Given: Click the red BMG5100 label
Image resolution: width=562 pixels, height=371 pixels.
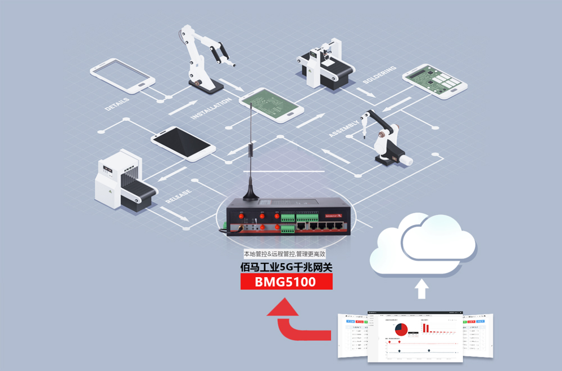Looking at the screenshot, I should [x=286, y=282].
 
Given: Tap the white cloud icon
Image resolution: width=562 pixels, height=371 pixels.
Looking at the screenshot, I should [x=423, y=246].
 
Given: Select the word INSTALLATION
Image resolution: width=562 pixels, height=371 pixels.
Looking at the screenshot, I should [x=211, y=108].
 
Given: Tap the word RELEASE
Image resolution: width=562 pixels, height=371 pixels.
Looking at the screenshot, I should [x=179, y=196].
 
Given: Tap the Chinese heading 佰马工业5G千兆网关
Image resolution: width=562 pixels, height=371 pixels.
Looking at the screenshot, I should [x=286, y=268].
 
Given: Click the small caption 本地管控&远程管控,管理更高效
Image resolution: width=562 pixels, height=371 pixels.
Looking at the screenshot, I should [x=286, y=254].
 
